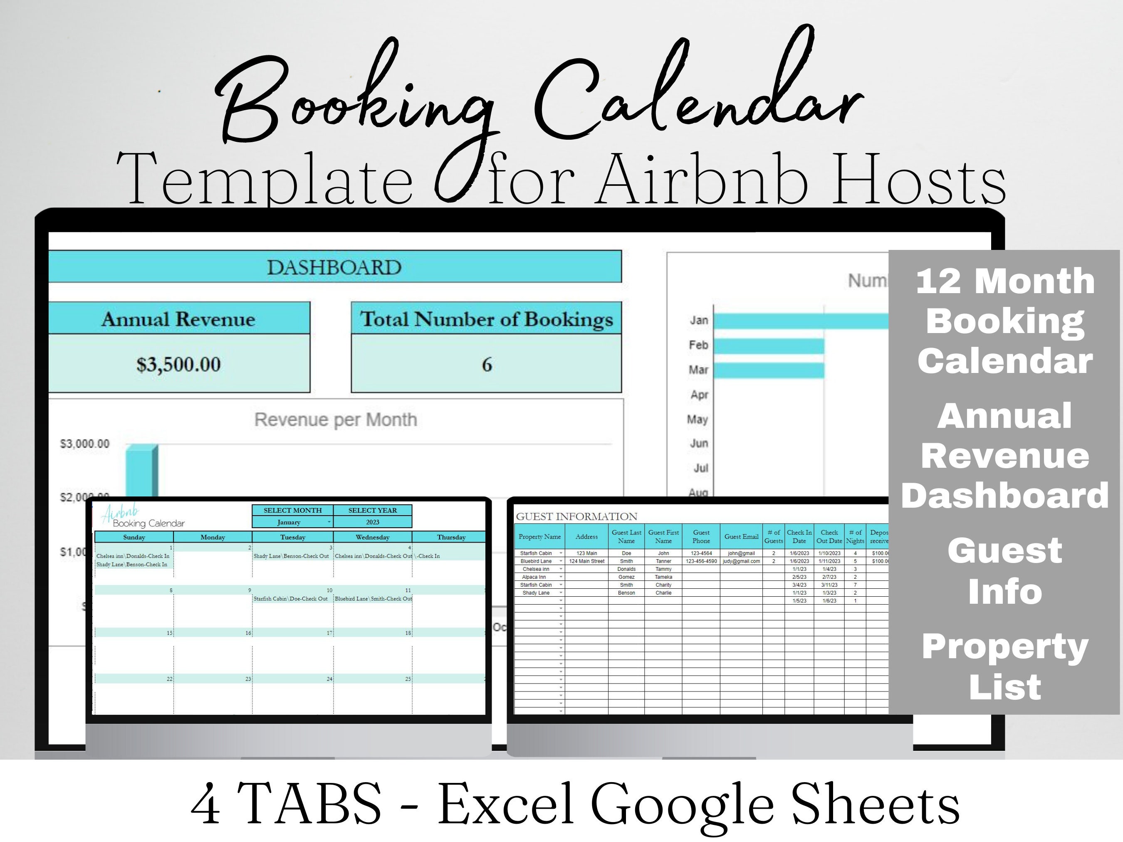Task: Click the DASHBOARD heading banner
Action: pyautogui.click(x=334, y=267)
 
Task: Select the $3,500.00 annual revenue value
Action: pyautogui.click(x=178, y=364)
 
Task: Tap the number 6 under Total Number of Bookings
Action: pyautogui.click(x=486, y=364)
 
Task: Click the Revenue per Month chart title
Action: pyautogui.click(x=336, y=420)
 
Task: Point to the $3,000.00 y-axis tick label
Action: pyautogui.click(x=85, y=444)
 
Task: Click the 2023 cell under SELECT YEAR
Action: pyautogui.click(x=372, y=522)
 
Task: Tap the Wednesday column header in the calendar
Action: pyautogui.click(x=372, y=537)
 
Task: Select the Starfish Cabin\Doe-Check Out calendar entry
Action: pyautogui.click(x=290, y=599)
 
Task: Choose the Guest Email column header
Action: pyautogui.click(x=741, y=536)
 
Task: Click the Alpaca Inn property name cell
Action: pyautogui.click(x=534, y=577)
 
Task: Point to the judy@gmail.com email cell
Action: pyautogui.click(x=741, y=561)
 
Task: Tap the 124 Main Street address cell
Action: pyautogui.click(x=586, y=561)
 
